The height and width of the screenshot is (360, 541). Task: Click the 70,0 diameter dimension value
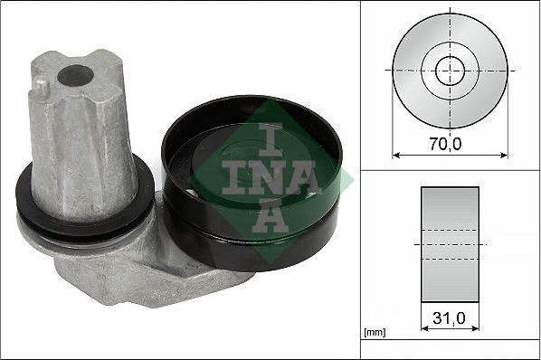point(445,144)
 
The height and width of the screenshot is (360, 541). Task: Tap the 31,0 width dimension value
point(449,317)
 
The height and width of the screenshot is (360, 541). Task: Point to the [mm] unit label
point(375,333)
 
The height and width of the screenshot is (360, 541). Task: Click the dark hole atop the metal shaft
point(75,75)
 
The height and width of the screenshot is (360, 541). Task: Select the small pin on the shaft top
point(42,87)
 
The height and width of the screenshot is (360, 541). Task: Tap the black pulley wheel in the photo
point(252,183)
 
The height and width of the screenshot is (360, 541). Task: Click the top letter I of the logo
point(270,138)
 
